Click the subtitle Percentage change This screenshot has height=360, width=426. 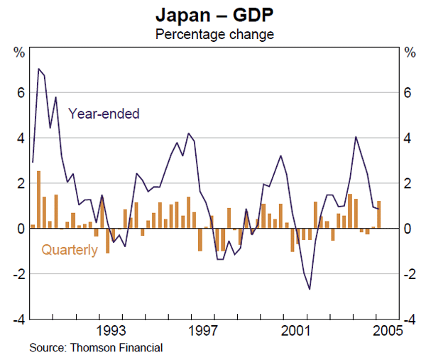[x=214, y=33]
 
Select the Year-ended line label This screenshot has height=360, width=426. [x=104, y=113]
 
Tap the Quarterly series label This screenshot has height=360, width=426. [x=70, y=249]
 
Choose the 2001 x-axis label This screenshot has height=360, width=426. [x=295, y=331]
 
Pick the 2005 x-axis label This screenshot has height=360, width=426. [x=387, y=331]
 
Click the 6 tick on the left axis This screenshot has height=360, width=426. [x=21, y=92]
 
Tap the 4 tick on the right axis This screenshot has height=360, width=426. [x=407, y=138]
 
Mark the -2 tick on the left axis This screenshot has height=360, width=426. [x=19, y=274]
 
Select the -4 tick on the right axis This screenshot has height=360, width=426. [x=407, y=320]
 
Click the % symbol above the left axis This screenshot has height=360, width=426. [x=20, y=52]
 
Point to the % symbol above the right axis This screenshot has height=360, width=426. [x=408, y=52]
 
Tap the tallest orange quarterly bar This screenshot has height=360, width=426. [x=38, y=200]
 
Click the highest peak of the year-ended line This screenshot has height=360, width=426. [x=38, y=68]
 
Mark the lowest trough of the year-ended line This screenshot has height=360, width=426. [x=310, y=289]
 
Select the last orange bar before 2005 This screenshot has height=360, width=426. [x=379, y=214]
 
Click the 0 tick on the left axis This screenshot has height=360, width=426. [x=21, y=229]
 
